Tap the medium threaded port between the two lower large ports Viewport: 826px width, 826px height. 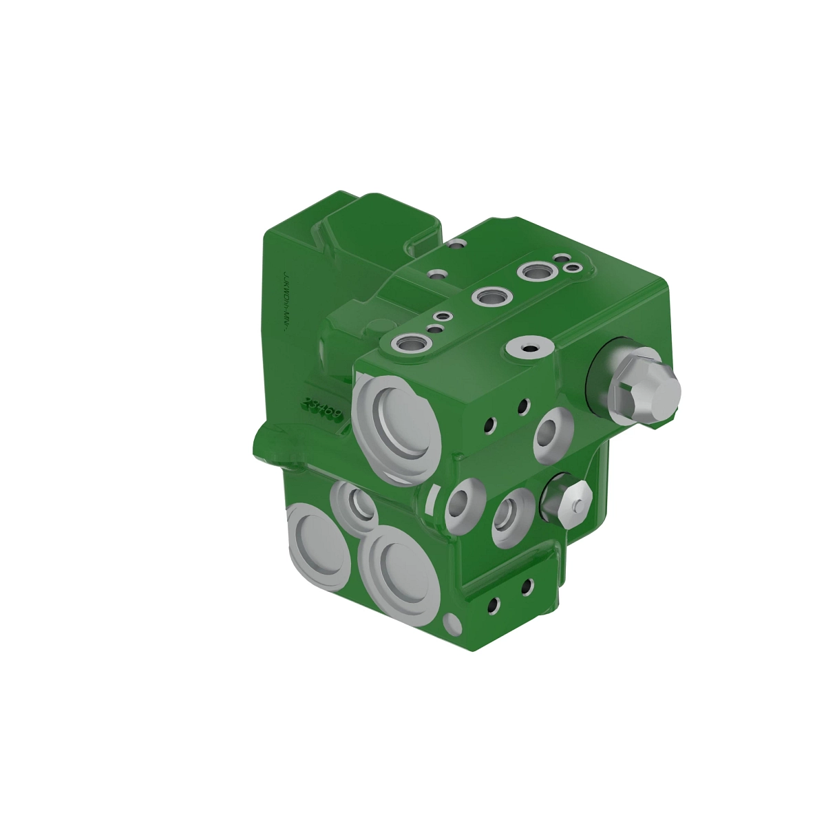click(355, 508)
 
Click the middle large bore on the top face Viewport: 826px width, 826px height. click(490, 298)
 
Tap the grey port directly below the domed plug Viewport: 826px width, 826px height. click(554, 435)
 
